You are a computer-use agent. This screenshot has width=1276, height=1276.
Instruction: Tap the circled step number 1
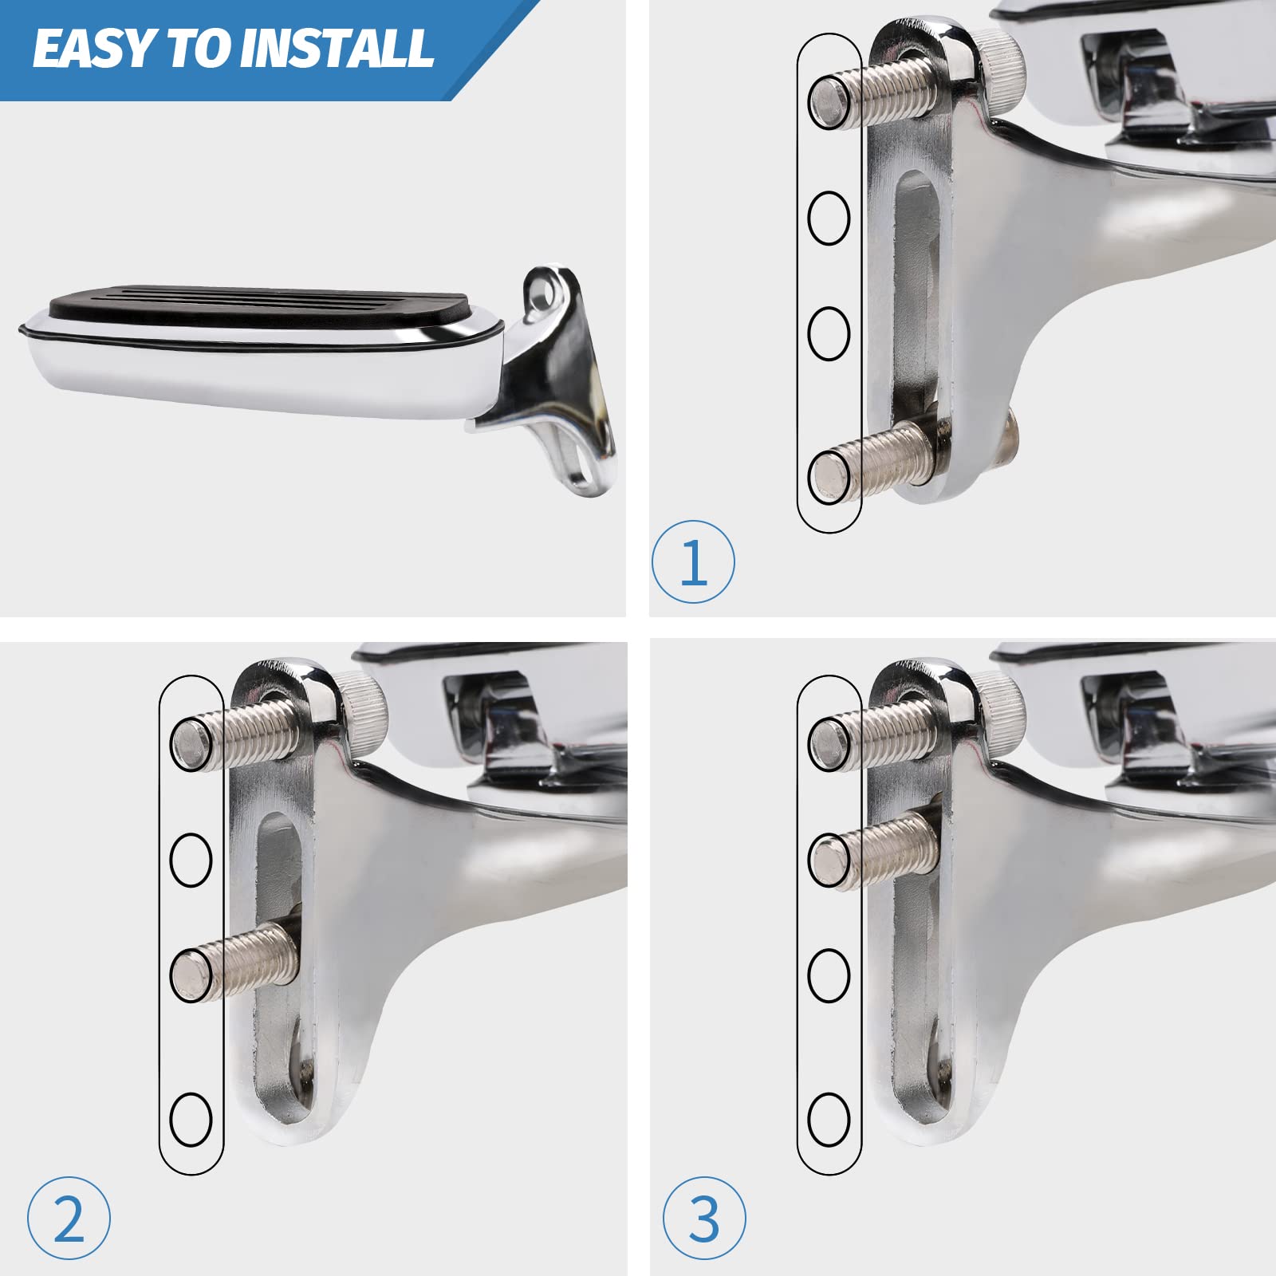click(693, 562)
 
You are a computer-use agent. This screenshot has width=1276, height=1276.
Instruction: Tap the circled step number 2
click(69, 1219)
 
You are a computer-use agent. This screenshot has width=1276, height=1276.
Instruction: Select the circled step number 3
click(704, 1219)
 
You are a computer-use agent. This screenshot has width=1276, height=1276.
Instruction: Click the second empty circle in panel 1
click(829, 218)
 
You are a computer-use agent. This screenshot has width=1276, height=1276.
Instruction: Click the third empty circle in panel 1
click(829, 333)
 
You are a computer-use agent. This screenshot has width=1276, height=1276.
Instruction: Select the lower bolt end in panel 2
click(191, 975)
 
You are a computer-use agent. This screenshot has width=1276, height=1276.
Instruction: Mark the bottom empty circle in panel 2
click(191, 1119)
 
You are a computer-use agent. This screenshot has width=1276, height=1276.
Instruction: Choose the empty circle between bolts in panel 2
click(191, 859)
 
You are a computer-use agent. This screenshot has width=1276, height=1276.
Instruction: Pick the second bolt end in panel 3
click(829, 859)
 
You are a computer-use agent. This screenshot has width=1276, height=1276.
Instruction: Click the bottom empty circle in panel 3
click(829, 1119)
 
